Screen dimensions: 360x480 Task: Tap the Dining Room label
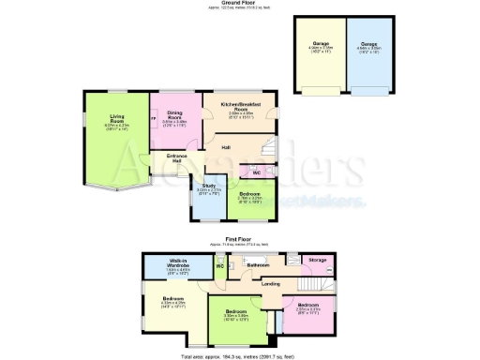174,117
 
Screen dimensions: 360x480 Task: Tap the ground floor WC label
254,172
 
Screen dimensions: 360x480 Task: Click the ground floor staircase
269,148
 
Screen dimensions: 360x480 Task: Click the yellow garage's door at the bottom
319,94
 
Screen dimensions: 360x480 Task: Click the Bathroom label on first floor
258,265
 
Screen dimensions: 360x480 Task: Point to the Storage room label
317,260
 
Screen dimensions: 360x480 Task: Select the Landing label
271,283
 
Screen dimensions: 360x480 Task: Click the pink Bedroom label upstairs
308,306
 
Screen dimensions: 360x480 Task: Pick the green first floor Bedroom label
236,312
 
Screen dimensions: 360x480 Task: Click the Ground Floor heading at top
240,4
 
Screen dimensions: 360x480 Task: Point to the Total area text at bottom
240,354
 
